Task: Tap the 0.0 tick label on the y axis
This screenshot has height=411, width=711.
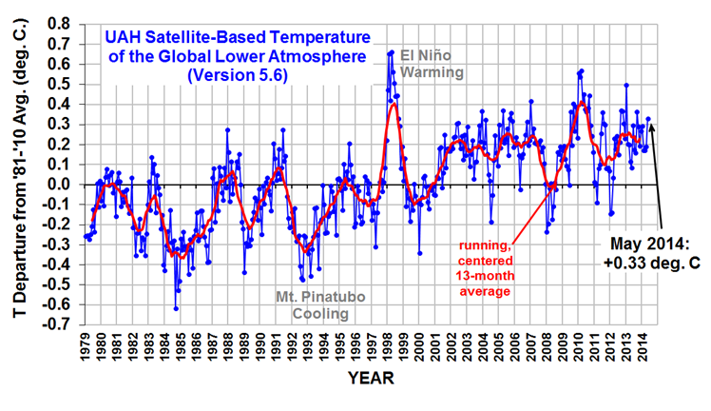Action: click(x=59, y=184)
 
